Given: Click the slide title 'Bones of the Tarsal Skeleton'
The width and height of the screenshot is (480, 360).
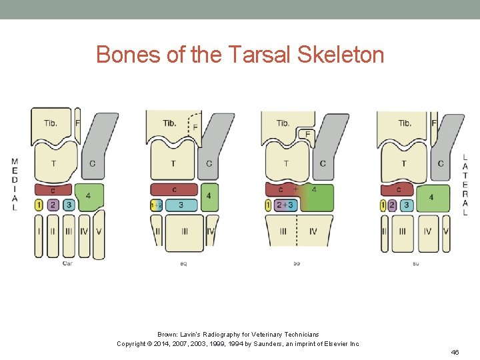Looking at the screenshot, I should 240,54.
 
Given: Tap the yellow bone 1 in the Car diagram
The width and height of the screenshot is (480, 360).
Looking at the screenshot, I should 39,205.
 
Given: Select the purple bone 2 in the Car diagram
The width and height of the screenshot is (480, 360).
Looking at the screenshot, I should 54,205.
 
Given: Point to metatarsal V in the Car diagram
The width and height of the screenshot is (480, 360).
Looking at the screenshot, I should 99,233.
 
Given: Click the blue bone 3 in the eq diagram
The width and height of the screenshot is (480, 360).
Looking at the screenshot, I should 181,205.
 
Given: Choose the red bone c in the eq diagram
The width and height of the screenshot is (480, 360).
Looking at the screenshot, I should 174,190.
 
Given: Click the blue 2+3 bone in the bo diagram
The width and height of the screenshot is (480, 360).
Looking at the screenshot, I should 285,205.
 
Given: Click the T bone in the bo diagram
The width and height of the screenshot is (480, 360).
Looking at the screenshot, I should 286,163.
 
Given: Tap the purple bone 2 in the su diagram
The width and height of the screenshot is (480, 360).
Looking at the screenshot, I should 392,205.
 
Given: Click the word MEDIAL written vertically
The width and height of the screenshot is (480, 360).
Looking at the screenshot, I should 15,184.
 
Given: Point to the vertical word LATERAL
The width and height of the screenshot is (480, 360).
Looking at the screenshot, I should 465,184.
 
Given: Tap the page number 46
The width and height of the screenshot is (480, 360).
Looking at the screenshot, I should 455,351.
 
